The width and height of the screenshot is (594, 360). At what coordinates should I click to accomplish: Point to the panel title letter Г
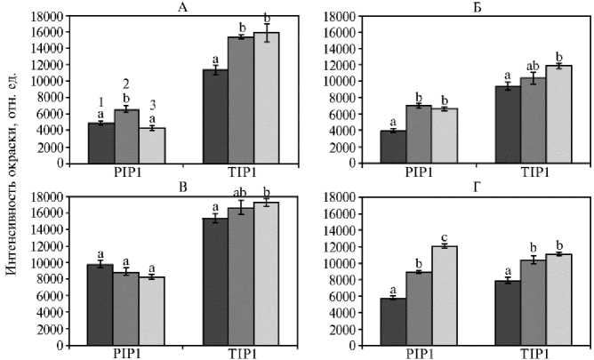coord(482,188)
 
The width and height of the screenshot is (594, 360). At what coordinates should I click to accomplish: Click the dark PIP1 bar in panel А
coord(100,142)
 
